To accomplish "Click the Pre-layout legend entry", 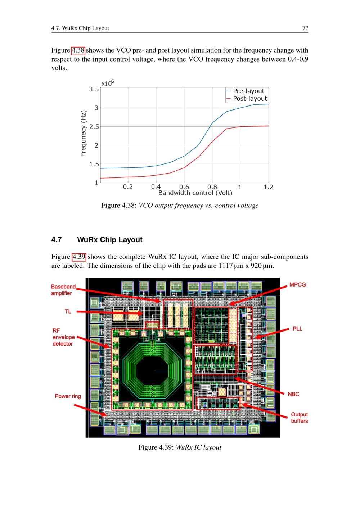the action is coord(246,91).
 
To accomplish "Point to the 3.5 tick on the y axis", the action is coord(94,89).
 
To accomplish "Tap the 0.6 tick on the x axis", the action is coord(184,187).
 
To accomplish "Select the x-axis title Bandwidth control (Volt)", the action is coord(195,193).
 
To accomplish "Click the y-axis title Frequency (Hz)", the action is coord(84,134).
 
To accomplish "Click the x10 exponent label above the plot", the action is coord(108,83).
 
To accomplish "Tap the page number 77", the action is coord(305,28).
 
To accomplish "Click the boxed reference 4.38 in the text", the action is coord(78,50).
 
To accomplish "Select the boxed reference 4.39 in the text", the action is coord(79,257).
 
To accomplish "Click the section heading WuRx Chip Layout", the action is coord(109,239).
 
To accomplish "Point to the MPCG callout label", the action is coord(297,284).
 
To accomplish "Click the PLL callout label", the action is coord(297,329).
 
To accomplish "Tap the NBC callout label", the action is coord(293,394).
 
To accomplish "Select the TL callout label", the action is coord(68,311).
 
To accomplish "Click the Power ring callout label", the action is coord(68,396).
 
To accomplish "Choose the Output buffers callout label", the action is coord(299,418).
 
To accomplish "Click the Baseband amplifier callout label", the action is coord(63,290).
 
